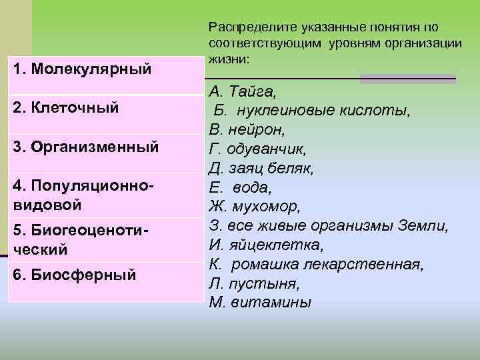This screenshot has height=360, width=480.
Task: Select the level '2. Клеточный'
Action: [x=66, y=107]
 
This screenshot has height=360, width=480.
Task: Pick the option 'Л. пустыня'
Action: [x=254, y=283]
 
